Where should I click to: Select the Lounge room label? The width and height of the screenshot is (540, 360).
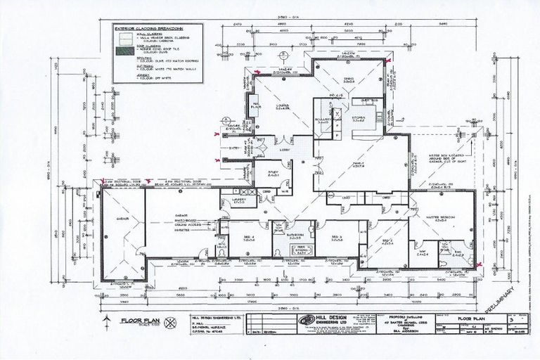pos(283,107)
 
